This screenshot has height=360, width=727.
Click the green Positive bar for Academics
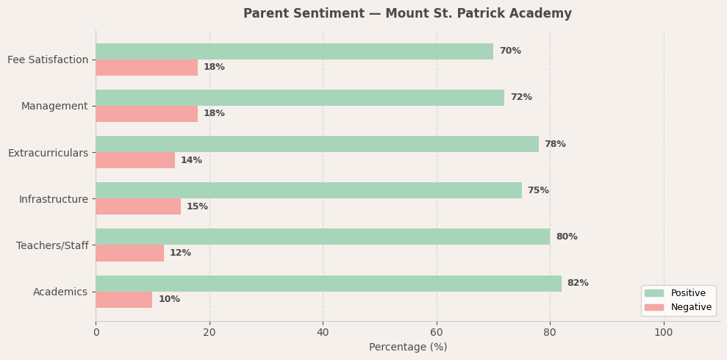click(328, 284)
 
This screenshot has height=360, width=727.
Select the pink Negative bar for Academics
click(123, 300)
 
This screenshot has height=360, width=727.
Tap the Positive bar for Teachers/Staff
click(323, 237)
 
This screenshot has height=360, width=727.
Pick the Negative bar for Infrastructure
click(138, 206)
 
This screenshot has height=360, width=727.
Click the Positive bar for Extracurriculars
click(317, 144)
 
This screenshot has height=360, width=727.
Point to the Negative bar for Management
click(146, 114)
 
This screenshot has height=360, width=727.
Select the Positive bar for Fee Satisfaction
click(294, 51)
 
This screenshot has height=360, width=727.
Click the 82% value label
click(578, 284)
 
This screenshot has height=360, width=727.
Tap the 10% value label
click(169, 300)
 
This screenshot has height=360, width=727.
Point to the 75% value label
click(538, 190)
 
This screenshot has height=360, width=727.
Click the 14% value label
click(191, 160)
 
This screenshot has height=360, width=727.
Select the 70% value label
click(510, 51)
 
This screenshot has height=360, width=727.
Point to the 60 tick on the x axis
click(437, 333)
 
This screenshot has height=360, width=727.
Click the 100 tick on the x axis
click(664, 333)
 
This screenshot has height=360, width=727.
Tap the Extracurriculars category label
click(48, 153)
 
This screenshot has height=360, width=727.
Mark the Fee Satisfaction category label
click(48, 60)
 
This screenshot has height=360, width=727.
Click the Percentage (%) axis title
click(408, 348)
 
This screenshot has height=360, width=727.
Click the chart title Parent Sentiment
click(407, 14)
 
